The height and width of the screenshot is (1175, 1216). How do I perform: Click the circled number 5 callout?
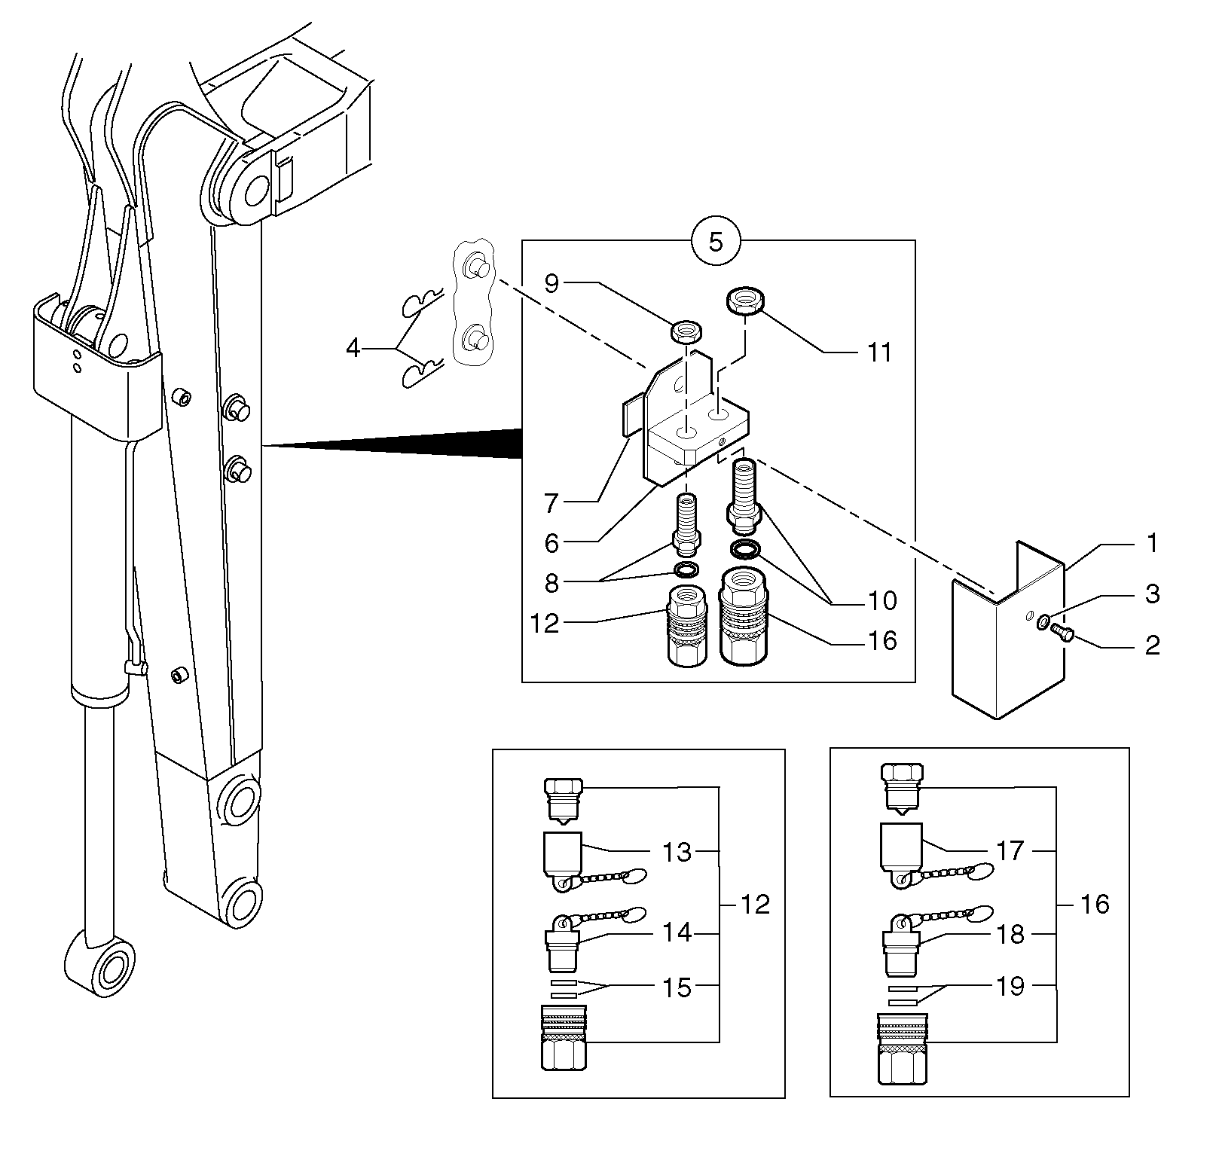coord(716,243)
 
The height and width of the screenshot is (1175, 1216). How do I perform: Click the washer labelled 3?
coord(1043,622)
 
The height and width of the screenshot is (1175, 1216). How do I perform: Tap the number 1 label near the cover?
coord(1150,543)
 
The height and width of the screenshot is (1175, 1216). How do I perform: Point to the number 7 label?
coord(551,502)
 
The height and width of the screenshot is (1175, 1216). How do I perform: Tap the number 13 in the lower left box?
coord(676,852)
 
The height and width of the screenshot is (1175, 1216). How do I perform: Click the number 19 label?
coord(1010,986)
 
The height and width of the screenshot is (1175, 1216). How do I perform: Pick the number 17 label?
coord(1010,851)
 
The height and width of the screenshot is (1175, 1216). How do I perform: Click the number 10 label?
coord(882,600)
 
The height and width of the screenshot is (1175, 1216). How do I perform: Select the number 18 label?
coord(1010,935)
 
